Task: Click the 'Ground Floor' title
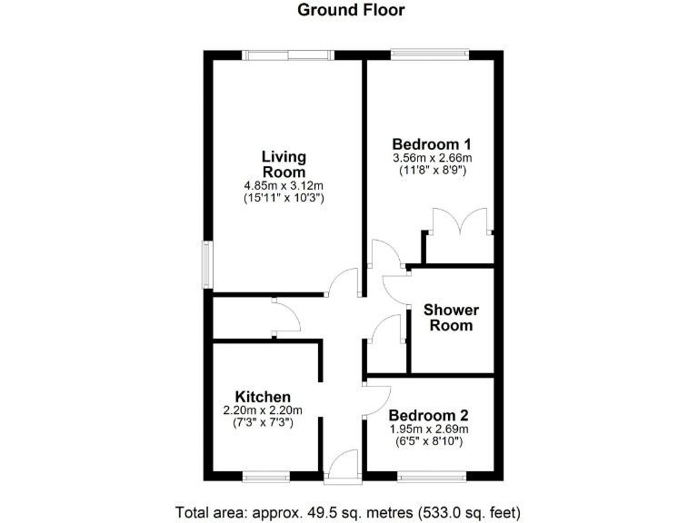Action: coord(351,11)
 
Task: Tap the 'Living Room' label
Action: coord(284,163)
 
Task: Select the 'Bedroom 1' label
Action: coord(432,143)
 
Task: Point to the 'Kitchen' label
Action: coord(263,397)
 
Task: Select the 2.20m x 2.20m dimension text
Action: coord(264,410)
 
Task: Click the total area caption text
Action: coord(348,511)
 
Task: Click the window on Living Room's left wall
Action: coord(206,265)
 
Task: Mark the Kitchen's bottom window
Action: coord(266,475)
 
